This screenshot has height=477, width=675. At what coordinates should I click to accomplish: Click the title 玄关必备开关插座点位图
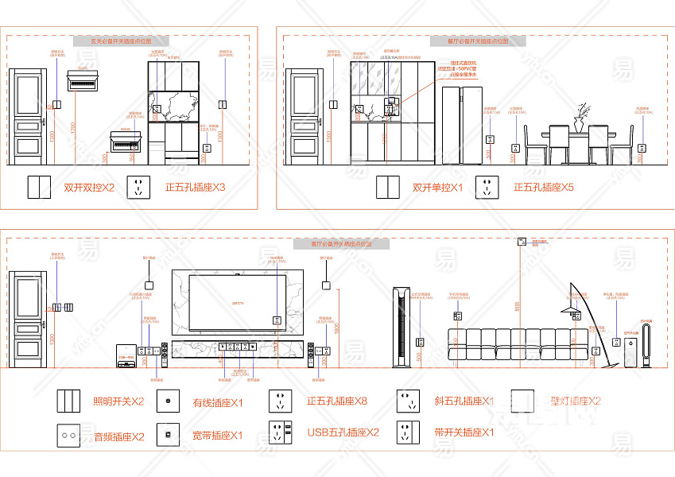119,40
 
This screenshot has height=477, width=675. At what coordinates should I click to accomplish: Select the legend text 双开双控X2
89,188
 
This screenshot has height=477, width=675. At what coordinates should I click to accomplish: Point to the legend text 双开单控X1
437,188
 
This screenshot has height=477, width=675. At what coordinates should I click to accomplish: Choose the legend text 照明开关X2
118,401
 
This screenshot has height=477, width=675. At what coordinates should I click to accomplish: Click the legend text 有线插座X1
218,403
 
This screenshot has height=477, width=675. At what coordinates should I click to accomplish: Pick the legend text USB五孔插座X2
343,433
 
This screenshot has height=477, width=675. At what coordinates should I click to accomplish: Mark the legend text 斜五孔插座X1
464,401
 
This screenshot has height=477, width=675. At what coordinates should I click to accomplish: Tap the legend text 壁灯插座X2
576,401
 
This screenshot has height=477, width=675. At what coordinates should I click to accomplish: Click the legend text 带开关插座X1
464,433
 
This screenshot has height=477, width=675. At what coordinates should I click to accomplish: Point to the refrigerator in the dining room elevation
462,126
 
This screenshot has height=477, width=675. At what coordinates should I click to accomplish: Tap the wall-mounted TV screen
237,303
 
